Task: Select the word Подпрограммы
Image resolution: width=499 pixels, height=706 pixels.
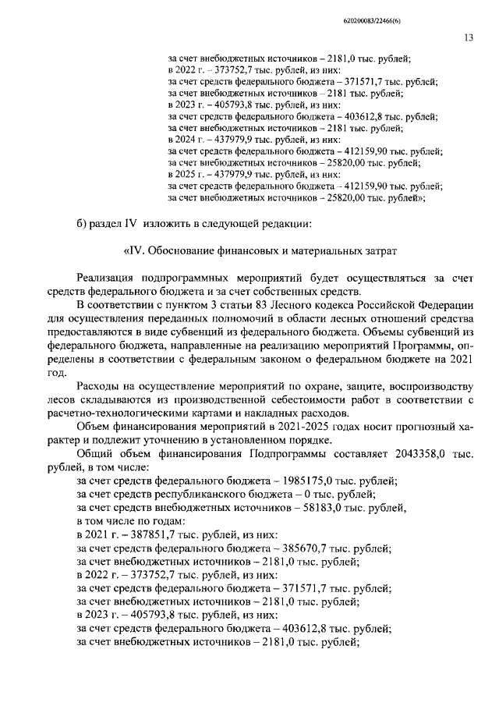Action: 286,454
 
